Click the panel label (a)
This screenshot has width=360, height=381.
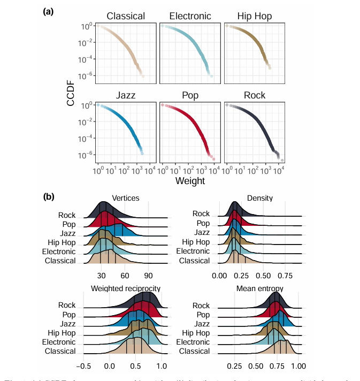[x=48, y=10]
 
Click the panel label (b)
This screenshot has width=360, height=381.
[x=48, y=196]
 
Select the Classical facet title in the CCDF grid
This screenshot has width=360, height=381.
[x=126, y=17]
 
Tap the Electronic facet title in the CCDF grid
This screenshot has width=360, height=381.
[x=190, y=17]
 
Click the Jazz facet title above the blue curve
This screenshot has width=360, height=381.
[x=126, y=96]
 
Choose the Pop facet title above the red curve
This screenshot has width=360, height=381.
[x=190, y=96]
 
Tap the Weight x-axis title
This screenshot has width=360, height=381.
[x=190, y=181]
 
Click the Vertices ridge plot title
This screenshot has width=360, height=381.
[x=126, y=198]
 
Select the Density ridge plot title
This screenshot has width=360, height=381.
[x=260, y=198]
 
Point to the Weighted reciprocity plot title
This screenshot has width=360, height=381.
[x=126, y=288]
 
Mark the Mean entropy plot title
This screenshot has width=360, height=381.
[x=260, y=288]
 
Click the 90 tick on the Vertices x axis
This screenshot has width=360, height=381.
[x=148, y=276]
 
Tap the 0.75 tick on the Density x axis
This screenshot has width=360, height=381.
[x=285, y=276]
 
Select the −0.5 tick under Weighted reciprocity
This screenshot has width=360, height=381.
[x=84, y=366]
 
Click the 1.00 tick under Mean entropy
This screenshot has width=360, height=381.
[x=297, y=366]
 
